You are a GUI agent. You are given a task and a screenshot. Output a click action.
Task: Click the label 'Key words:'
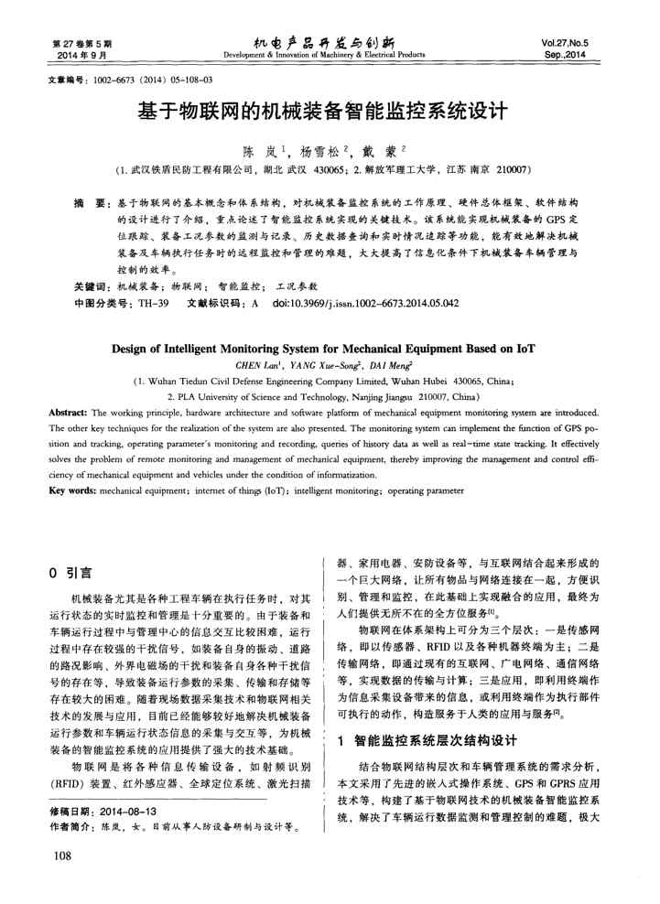pyautogui.click(x=72, y=490)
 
